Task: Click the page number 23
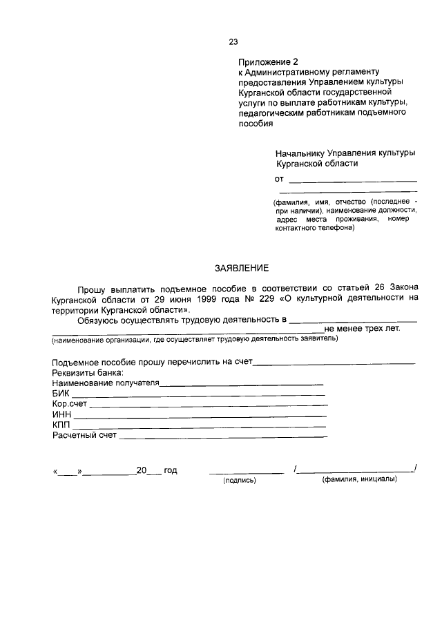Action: coord(233,41)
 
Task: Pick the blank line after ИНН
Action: coord(200,416)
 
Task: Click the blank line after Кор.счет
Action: coord(208,405)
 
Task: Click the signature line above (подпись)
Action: coord(246,472)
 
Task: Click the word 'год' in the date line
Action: coord(171,470)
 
